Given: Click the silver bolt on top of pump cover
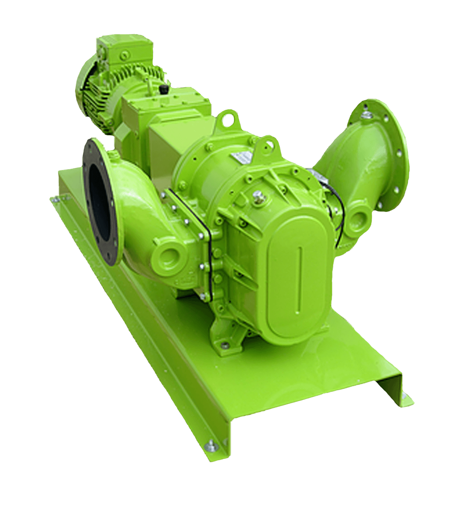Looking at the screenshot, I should pos(257,195).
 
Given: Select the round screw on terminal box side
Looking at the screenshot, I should pos(123,54).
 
